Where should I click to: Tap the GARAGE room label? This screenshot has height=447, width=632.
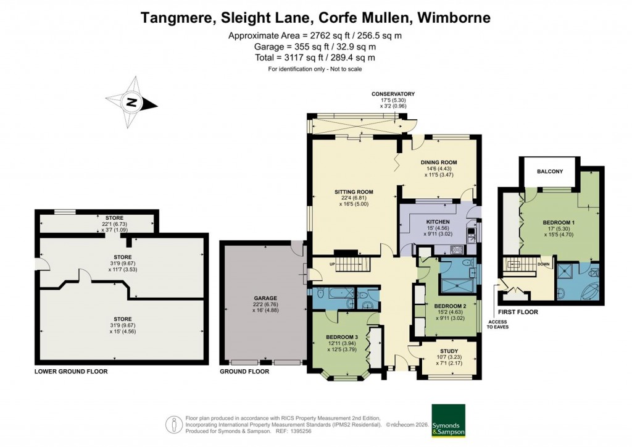264,298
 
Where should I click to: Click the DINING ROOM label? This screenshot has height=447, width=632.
439,162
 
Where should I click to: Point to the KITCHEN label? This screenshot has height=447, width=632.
437,222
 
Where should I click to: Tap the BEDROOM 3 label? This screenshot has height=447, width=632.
341,337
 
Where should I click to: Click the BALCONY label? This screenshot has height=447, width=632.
549,172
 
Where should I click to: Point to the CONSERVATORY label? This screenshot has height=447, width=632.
393,94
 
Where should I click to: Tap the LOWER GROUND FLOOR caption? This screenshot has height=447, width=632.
70,372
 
